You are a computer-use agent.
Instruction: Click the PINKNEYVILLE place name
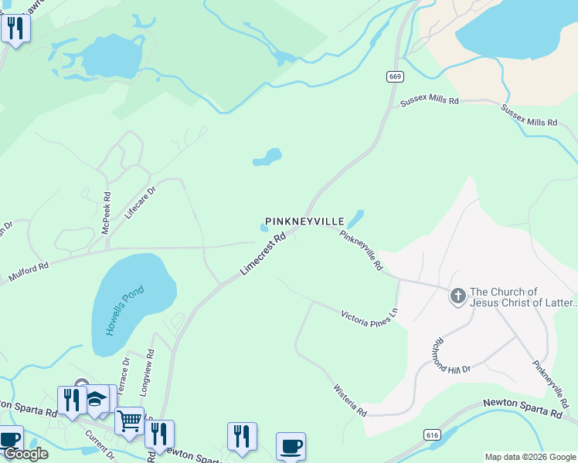click(304, 221)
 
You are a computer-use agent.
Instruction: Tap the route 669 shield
click(395, 76)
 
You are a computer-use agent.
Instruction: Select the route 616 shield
click(432, 436)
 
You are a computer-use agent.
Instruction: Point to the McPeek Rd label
click(107, 214)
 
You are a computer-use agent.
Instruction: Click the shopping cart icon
click(129, 421)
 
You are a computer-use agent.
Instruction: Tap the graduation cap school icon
click(97, 399)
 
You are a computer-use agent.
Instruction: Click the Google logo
click(25, 454)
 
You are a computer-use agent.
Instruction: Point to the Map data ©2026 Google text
click(530, 457)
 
